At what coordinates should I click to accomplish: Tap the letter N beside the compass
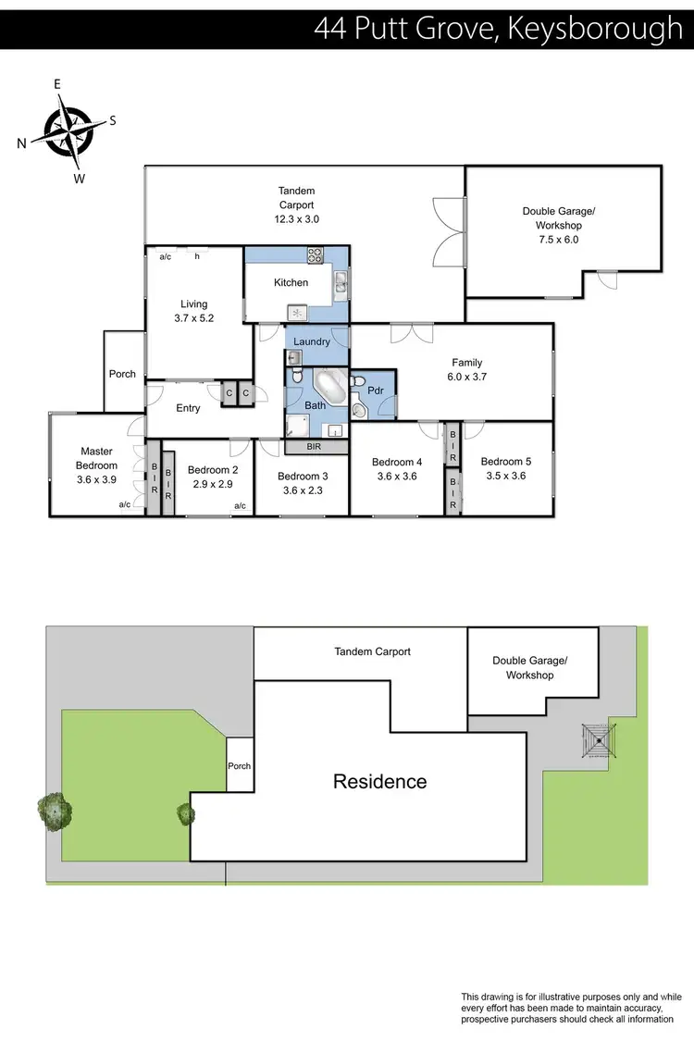pos(21,143)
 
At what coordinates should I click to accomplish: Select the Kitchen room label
pos(291,282)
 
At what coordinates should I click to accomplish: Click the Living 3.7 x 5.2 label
pos(194,311)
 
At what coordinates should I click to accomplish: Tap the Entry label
pos(188,408)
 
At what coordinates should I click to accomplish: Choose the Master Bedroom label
pos(97,459)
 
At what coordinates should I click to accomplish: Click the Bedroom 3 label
pos(302,477)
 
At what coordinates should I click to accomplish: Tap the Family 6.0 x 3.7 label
pos(466,369)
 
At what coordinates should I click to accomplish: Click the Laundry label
pos(312,341)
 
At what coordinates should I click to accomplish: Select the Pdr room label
pos(376,390)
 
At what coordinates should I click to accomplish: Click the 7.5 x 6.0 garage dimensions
pos(558,239)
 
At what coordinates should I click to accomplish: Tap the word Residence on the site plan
pos(379,782)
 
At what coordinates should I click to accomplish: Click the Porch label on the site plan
pos(239,766)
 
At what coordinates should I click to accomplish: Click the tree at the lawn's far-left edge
pos(56,811)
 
